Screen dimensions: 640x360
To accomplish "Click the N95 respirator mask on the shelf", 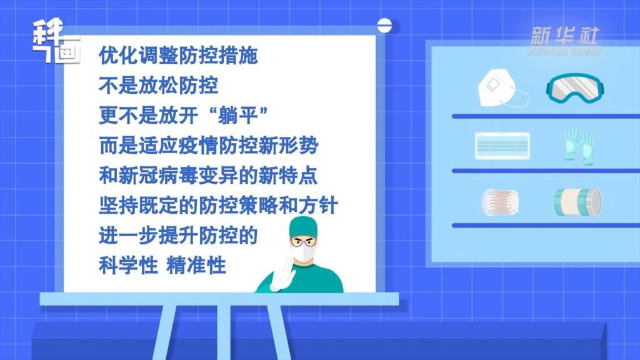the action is [499, 88].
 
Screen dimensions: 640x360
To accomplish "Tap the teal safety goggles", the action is [575, 88].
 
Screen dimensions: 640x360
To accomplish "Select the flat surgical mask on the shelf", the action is [502, 146].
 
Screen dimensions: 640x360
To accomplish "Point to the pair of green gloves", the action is [579, 146].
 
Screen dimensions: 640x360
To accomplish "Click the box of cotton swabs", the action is [500, 202].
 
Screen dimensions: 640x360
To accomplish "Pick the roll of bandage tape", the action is [577, 202].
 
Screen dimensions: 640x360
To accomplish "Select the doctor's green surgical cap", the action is [303, 226].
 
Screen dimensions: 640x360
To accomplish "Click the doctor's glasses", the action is [303, 242].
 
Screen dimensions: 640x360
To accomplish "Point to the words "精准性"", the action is [196, 265].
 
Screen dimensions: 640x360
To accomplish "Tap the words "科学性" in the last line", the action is [128, 265].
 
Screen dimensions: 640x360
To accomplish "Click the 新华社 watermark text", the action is [564, 36].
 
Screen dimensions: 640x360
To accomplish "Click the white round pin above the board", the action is [384, 25].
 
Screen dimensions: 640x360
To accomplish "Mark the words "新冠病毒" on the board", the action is [158, 175].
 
